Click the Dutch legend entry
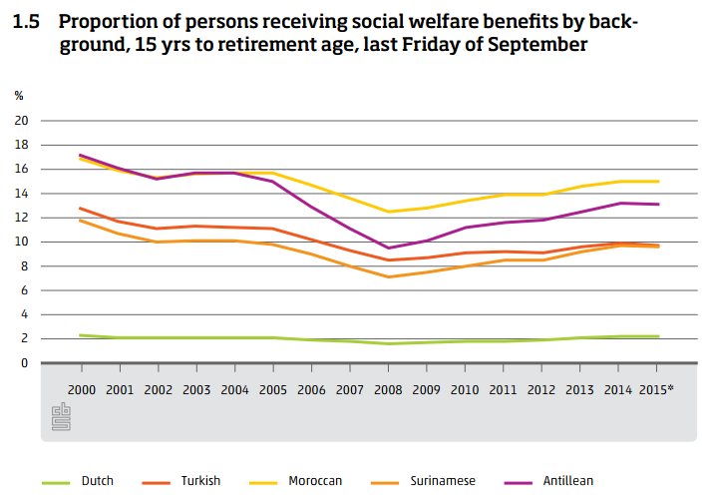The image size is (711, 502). point(98,481)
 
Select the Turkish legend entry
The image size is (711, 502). point(208,481)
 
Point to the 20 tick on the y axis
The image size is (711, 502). point(21,121)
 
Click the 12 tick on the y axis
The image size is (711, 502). point(21,218)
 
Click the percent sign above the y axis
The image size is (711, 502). point(19,96)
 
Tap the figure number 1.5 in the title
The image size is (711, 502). point(27,21)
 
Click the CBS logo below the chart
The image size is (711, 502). point(61,417)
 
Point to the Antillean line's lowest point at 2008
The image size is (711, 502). point(387,248)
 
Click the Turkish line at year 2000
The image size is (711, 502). point(80,208)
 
